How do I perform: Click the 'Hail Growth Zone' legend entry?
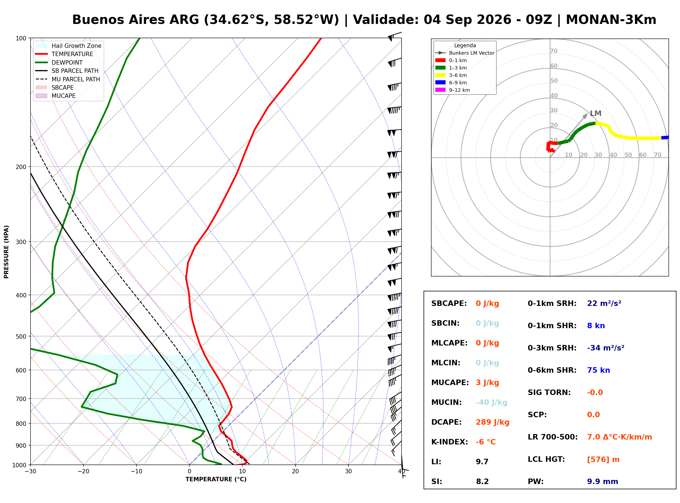click(x=68, y=46)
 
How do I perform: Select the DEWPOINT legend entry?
click(x=59, y=62)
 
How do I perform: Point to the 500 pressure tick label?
click(x=21, y=336)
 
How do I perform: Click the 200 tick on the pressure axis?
click(x=21, y=167)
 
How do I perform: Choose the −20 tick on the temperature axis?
click(x=83, y=471)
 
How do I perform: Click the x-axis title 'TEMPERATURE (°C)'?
click(x=216, y=479)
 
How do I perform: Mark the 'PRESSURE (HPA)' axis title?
click(x=6, y=252)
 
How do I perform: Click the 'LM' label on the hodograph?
click(x=595, y=113)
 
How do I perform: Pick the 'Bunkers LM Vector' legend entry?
click(x=465, y=53)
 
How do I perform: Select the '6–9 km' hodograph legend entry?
click(x=451, y=82)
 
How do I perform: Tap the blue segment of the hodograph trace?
click(x=665, y=138)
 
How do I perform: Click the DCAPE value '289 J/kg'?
click(x=493, y=422)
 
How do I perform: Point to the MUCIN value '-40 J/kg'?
click(x=491, y=402)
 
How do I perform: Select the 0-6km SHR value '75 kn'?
click(x=598, y=370)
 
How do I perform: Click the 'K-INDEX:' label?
click(x=450, y=442)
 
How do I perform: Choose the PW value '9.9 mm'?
click(x=602, y=481)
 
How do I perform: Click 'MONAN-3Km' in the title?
click(x=611, y=20)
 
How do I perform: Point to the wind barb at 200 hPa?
click(x=394, y=174)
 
